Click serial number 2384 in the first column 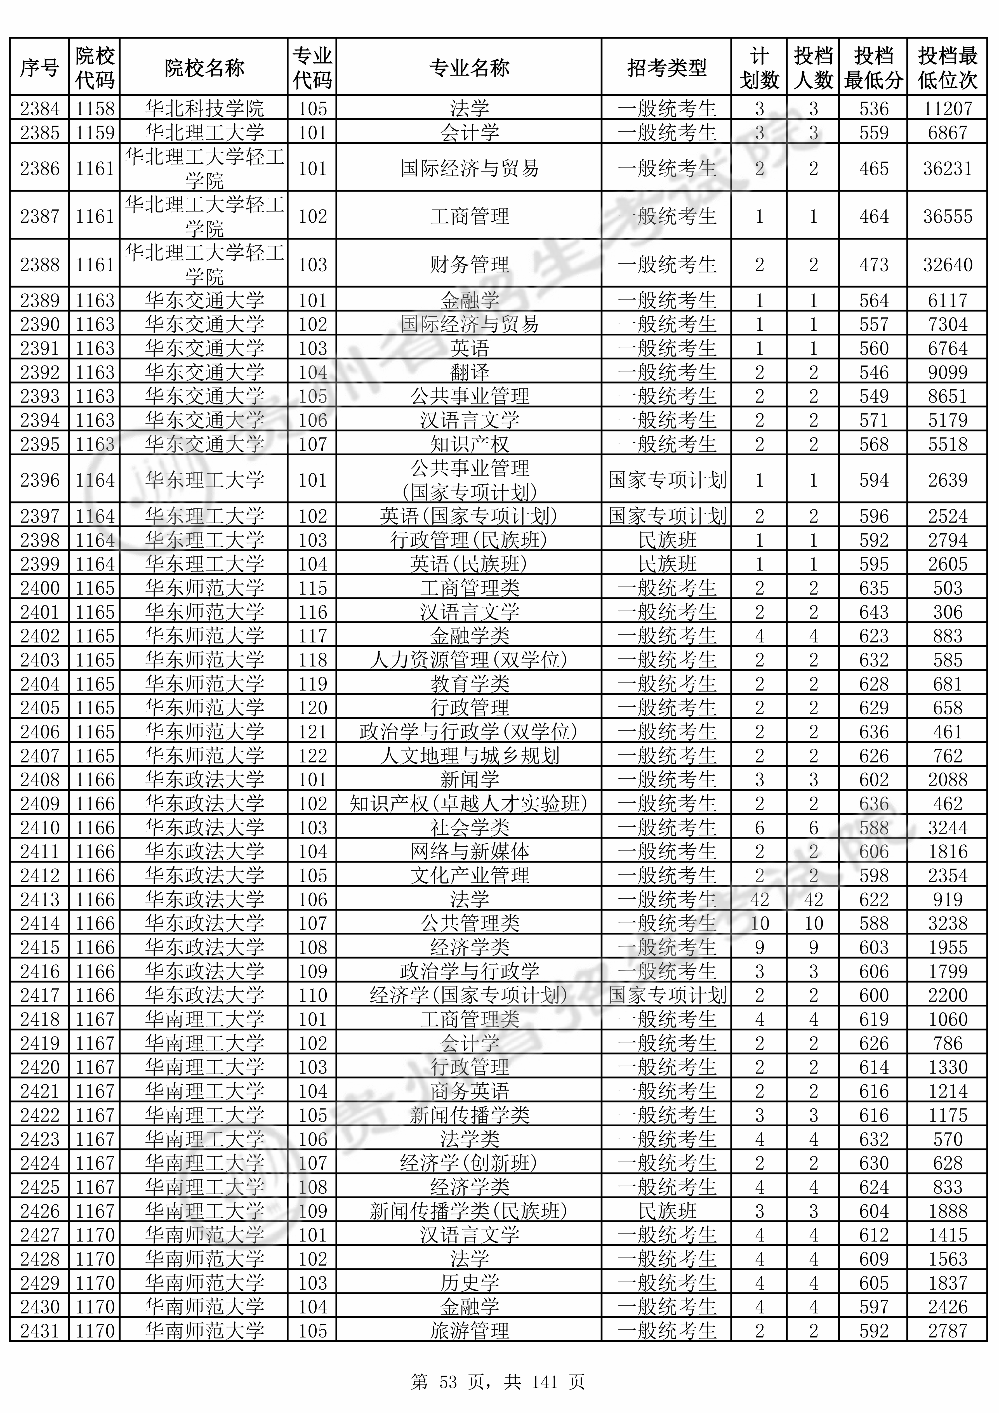[x=39, y=109]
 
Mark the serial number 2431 [x=39, y=1331]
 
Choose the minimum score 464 [x=873, y=217]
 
